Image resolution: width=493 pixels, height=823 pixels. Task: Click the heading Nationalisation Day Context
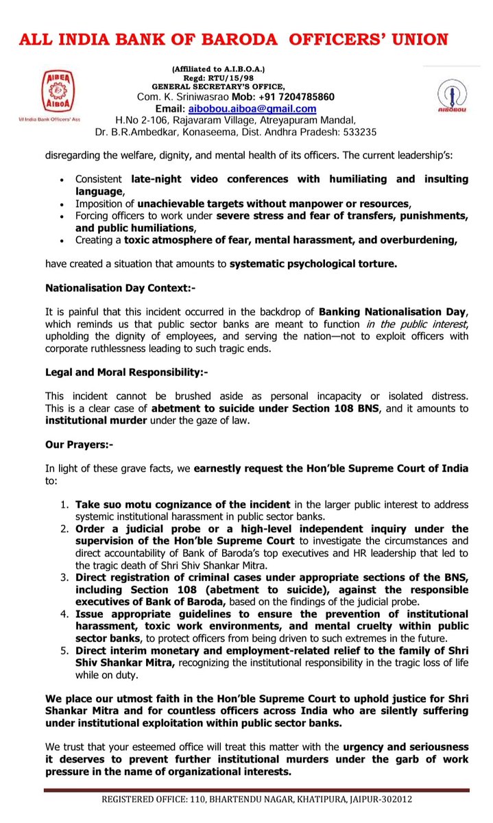[x=120, y=289]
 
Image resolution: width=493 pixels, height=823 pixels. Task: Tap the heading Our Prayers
[x=79, y=444]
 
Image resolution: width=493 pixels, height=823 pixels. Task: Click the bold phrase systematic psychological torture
[x=313, y=263]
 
